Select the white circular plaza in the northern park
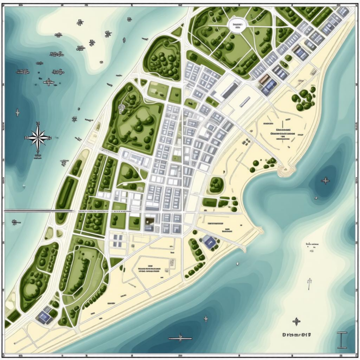[237, 26]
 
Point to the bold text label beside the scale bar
[300, 335]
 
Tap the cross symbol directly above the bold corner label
[296, 321]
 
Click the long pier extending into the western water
[38, 210]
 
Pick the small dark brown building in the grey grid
[148, 221]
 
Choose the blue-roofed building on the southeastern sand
[208, 242]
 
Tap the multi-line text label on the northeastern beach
[281, 131]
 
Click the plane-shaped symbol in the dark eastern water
[326, 181]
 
